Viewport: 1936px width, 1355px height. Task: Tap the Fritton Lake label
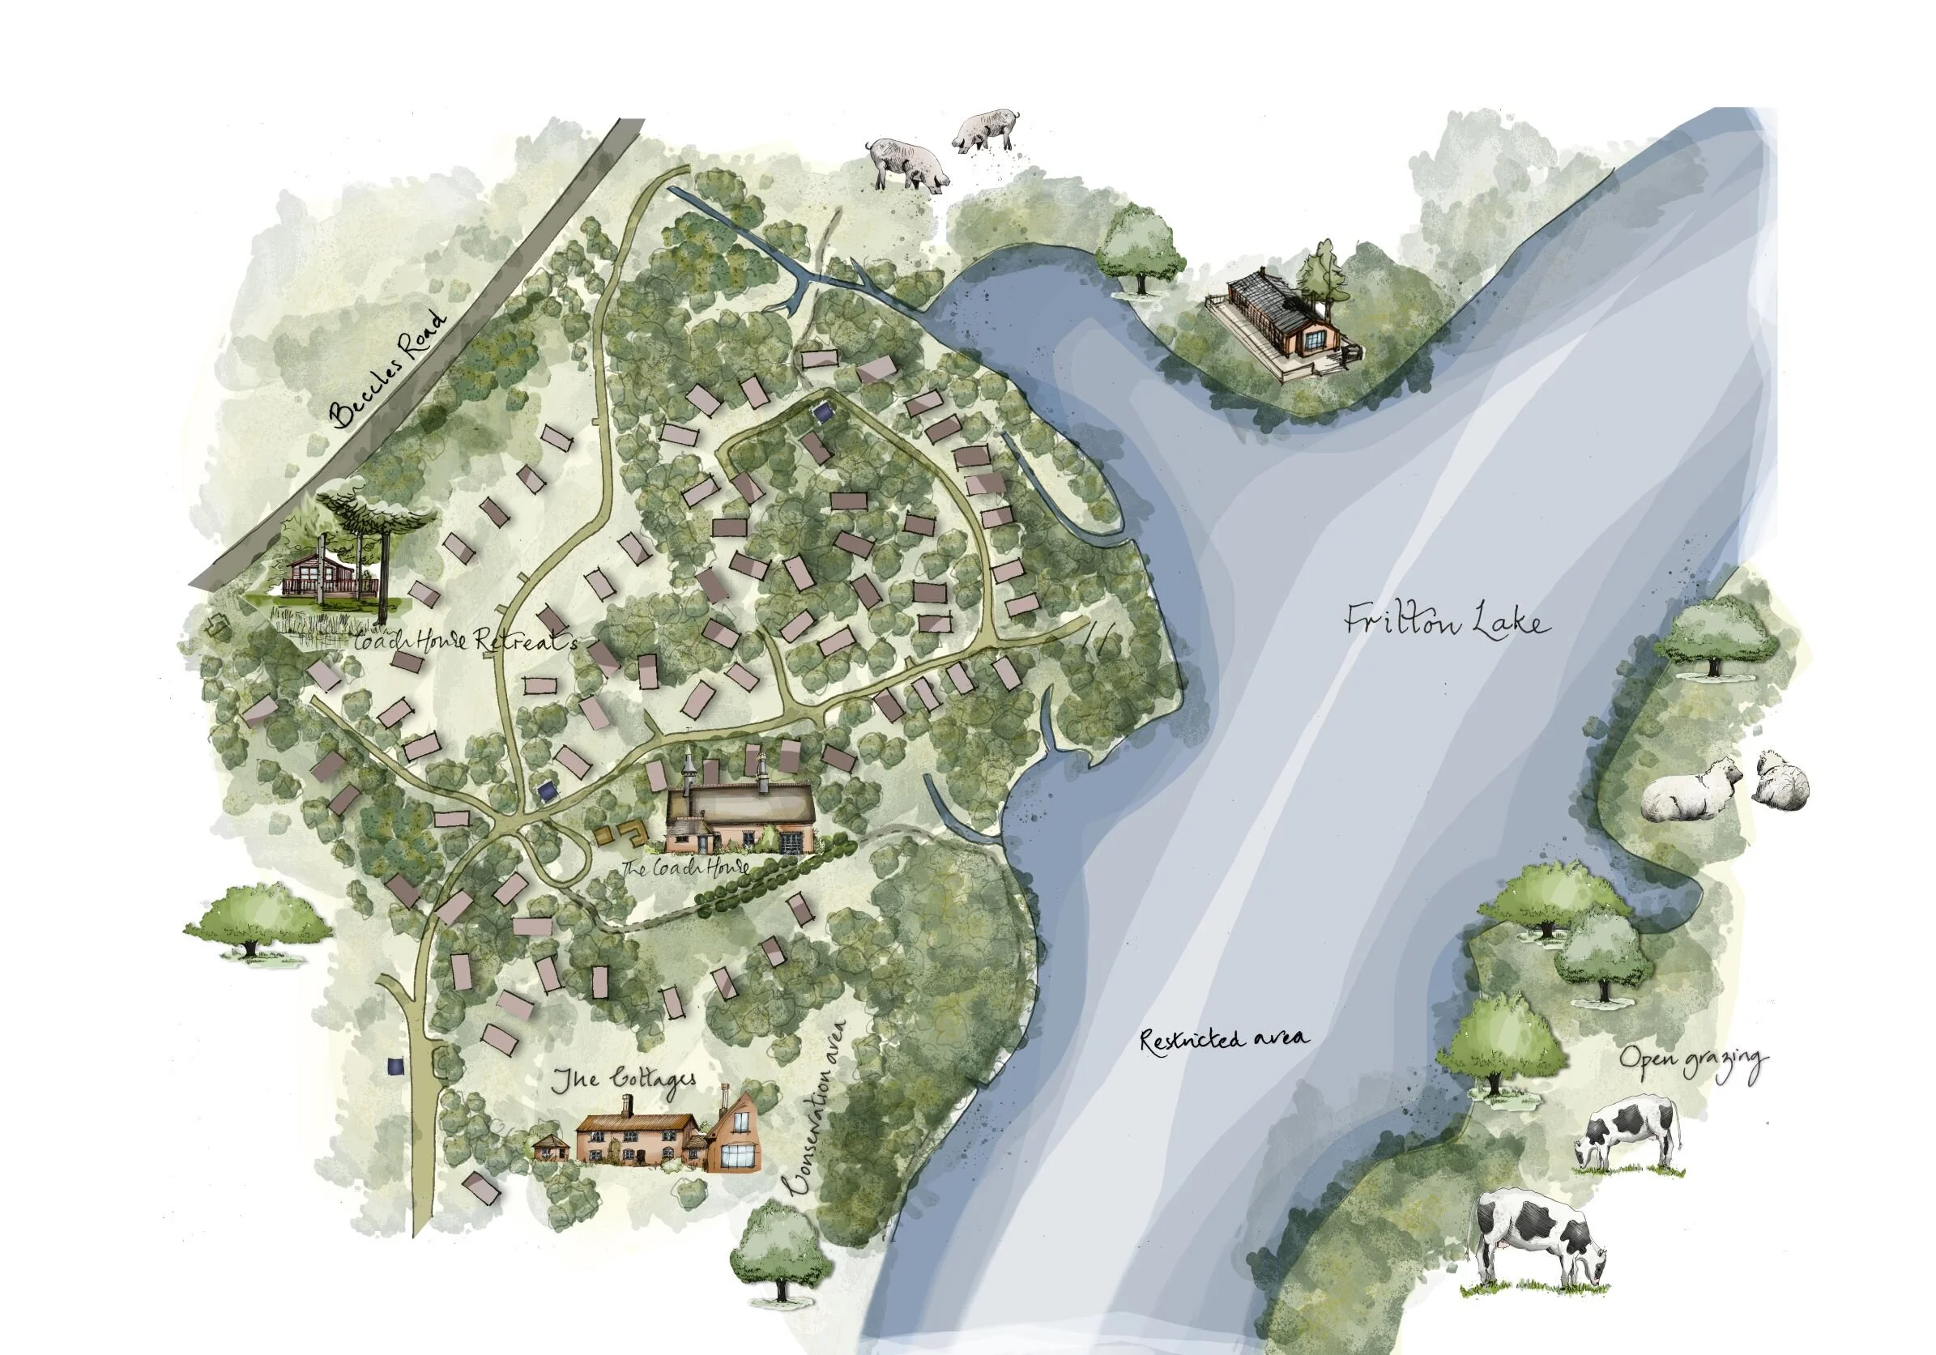pos(1446,621)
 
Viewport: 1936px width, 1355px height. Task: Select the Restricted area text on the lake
pos(1224,1039)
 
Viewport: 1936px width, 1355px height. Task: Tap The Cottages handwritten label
pos(625,1080)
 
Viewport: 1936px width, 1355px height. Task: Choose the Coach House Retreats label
pos(466,641)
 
